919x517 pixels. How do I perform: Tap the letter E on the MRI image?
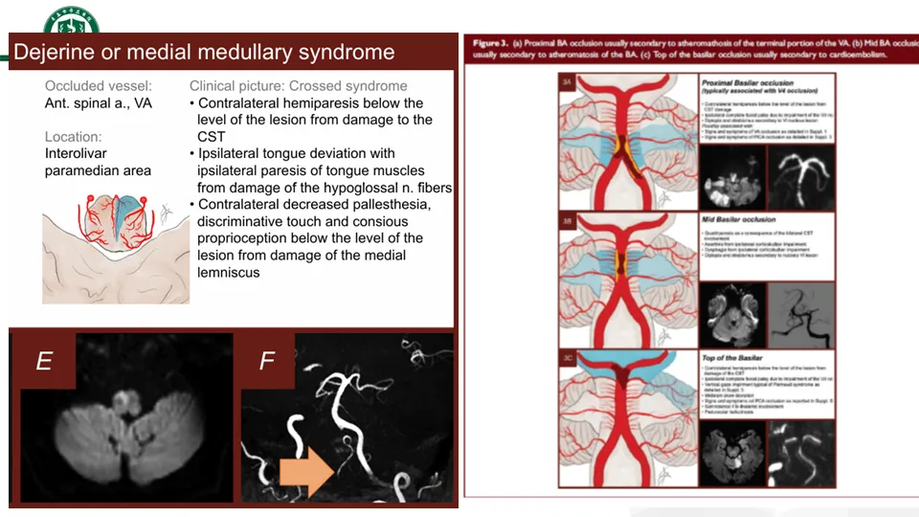tap(44, 361)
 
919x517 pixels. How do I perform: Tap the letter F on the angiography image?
tap(267, 361)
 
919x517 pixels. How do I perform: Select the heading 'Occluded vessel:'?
tap(98, 86)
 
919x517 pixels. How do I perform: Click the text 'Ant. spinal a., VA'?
tap(98, 103)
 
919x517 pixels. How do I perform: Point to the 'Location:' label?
tap(73, 137)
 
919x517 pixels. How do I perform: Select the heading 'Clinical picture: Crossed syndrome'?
tap(298, 86)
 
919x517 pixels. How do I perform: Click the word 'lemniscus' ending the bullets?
tap(231, 272)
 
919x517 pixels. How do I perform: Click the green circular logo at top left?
tap(71, 21)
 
